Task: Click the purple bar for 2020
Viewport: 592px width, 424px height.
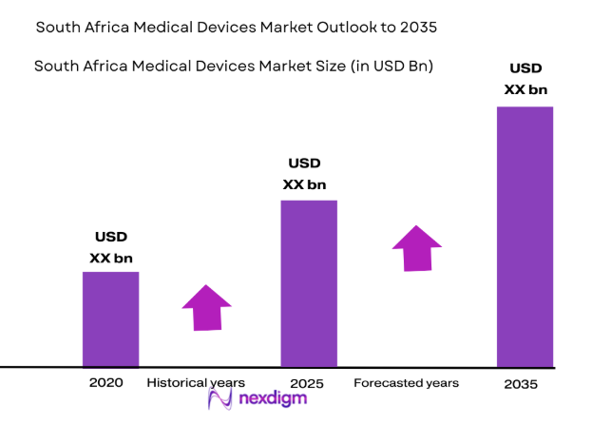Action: click(x=110, y=318)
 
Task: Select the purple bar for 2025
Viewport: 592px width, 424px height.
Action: click(x=308, y=282)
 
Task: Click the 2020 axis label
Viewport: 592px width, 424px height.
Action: click(x=105, y=383)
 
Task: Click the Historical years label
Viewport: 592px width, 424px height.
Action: click(x=196, y=383)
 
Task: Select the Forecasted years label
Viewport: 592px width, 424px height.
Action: click(x=406, y=383)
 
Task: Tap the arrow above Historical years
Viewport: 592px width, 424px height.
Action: click(x=206, y=307)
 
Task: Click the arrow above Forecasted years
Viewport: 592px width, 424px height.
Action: click(x=417, y=248)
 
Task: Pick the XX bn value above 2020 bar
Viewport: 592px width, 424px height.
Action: click(x=111, y=257)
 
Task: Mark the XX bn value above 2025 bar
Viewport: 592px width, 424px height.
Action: click(x=306, y=183)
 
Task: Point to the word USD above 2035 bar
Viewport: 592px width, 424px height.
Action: click(x=525, y=68)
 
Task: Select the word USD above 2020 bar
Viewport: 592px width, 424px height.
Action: click(x=111, y=237)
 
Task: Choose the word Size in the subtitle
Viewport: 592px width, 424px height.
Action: click(x=292, y=66)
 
